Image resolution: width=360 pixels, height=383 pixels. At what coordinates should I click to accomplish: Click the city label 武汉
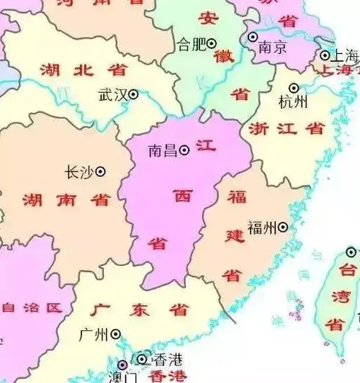[112, 94]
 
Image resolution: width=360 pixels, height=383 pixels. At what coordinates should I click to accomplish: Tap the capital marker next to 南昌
[184, 150]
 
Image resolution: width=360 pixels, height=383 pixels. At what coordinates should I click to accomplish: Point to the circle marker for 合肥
[212, 44]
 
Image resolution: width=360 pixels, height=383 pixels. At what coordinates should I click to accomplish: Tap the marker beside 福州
[282, 227]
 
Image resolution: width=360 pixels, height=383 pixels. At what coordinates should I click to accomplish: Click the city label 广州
[94, 334]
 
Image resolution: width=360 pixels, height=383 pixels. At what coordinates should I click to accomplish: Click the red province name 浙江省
[286, 129]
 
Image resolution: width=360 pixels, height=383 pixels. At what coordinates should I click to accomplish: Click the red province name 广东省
[140, 311]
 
